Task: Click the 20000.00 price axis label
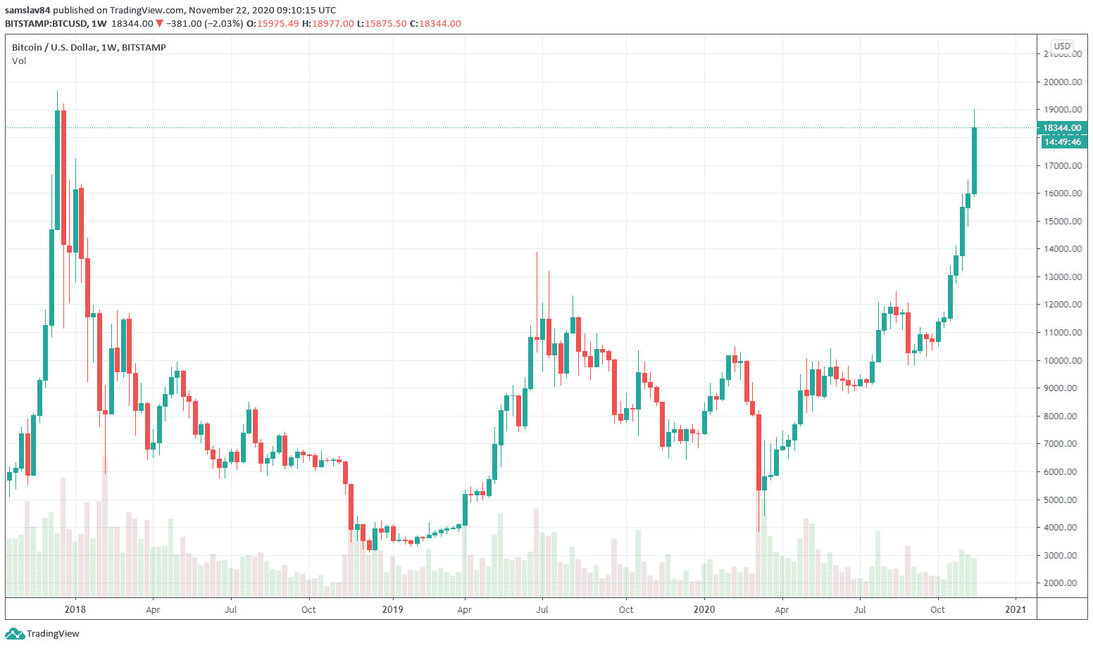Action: click(x=1063, y=82)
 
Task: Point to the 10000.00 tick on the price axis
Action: click(x=1063, y=360)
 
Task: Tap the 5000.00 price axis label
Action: click(x=1063, y=500)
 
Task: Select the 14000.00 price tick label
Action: click(x=1063, y=249)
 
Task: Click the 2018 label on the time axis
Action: click(x=75, y=609)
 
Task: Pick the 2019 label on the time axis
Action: click(x=392, y=609)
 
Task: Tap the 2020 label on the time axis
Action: click(x=704, y=609)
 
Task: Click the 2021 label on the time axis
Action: click(x=1016, y=609)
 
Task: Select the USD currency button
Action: click(x=1062, y=46)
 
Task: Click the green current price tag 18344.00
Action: click(x=1062, y=128)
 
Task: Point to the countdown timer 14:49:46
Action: click(x=1063, y=142)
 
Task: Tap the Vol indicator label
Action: click(x=19, y=61)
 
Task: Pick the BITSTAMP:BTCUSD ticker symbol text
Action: click(x=46, y=24)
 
